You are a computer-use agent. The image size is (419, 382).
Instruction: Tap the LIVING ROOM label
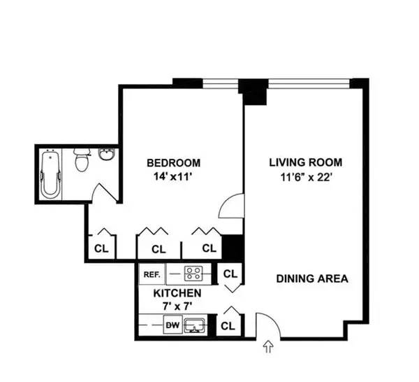(x=306, y=163)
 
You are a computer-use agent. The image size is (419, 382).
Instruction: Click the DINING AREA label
(x=311, y=278)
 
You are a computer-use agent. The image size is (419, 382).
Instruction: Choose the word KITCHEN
(x=177, y=293)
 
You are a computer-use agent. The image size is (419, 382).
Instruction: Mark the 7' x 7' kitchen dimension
(x=177, y=306)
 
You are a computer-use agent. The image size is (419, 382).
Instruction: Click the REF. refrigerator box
(x=152, y=274)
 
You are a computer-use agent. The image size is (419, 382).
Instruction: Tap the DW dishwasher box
(x=171, y=325)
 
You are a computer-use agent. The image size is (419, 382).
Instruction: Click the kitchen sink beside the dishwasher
(x=196, y=325)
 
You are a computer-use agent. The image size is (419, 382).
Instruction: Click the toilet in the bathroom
(x=81, y=162)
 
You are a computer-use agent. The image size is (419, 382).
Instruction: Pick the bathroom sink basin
(x=108, y=155)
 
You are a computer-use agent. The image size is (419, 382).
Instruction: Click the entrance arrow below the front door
(x=267, y=345)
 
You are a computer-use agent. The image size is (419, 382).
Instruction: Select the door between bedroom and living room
(x=233, y=206)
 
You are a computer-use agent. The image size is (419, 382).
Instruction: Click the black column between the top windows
(x=252, y=91)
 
